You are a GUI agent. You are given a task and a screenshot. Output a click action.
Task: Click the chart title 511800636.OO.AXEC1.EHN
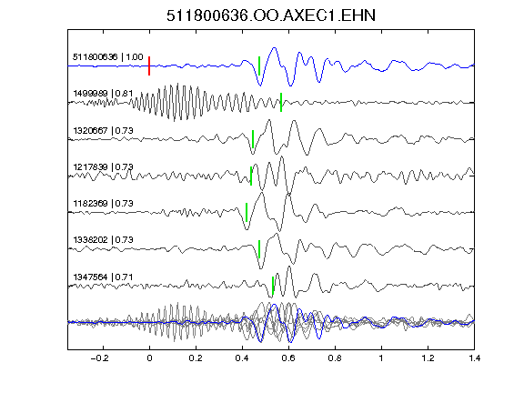(271, 15)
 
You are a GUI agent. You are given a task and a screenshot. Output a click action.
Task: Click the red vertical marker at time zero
(149, 65)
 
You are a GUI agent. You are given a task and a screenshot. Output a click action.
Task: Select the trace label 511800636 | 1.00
(108, 56)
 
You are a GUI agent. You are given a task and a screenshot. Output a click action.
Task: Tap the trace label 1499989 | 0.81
(103, 93)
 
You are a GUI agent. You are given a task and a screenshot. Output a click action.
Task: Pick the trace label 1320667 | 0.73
(103, 130)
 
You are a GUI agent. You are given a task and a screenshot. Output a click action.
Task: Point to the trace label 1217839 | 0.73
(103, 166)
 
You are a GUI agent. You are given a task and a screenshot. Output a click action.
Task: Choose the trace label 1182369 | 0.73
(103, 203)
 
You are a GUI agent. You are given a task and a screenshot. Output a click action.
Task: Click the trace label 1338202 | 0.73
(103, 239)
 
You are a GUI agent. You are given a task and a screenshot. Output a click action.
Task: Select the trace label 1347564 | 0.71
(103, 277)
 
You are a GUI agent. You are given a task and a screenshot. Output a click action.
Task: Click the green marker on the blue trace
(259, 65)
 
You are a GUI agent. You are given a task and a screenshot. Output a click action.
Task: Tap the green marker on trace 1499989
(281, 102)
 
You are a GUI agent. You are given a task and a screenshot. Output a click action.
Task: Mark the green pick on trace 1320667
(253, 139)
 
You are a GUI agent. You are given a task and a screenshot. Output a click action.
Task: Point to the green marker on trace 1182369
(247, 212)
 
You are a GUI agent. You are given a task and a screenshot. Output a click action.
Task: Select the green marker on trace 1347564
(273, 286)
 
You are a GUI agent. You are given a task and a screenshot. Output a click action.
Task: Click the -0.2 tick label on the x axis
(99, 358)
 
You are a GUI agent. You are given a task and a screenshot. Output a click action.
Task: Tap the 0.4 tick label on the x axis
(242, 358)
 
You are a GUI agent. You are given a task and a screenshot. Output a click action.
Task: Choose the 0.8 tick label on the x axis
(335, 358)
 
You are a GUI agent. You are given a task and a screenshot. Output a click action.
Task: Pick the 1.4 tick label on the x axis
(474, 358)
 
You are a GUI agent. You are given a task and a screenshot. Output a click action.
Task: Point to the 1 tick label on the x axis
(381, 358)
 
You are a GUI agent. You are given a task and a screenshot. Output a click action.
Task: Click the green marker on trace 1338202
(259, 249)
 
